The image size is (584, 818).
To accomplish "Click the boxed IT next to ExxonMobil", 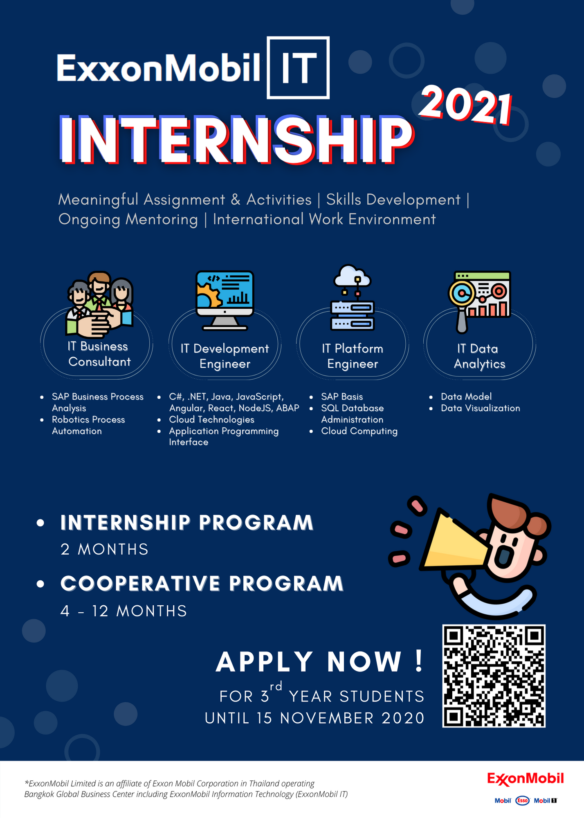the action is [298, 68].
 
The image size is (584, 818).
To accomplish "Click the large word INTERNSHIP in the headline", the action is [237, 140].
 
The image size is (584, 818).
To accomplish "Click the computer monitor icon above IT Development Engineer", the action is [225, 300].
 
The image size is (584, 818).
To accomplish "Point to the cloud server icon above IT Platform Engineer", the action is [352, 297].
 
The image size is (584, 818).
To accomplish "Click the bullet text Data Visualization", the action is [481, 408].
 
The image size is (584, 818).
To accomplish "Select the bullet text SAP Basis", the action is [342, 397].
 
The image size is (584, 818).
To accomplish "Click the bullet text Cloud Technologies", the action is [211, 420].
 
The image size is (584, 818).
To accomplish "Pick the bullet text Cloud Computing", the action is [359, 431].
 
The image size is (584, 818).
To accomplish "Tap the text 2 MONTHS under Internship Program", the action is [104, 549].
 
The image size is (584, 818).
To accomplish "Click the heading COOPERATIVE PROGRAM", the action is [202, 583].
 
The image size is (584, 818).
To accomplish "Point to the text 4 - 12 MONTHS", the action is [124, 611].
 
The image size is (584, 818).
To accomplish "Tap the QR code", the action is [494, 676].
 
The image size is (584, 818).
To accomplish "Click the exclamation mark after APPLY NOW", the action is [419, 661].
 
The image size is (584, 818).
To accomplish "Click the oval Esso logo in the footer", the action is [522, 800].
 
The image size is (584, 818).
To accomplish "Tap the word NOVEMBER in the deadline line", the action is [327, 718].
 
